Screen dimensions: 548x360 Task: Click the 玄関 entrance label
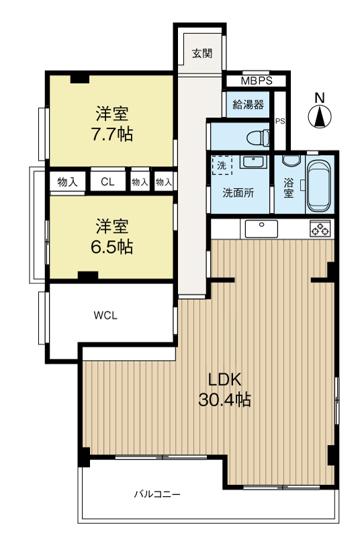pyautogui.click(x=201, y=54)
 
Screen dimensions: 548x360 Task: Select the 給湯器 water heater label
pyautogui.click(x=248, y=104)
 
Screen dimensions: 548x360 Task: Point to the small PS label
pyautogui.click(x=279, y=121)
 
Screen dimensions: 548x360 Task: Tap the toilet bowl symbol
pyautogui.click(x=256, y=138)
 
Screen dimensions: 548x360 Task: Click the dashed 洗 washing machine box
pyautogui.click(x=220, y=165)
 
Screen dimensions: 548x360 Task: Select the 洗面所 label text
pyautogui.click(x=238, y=192)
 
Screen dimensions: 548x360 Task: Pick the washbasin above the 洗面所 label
pyautogui.click(x=253, y=163)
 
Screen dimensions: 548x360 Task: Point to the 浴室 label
pyautogui.click(x=288, y=187)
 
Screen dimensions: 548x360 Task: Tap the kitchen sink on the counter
pyautogui.click(x=262, y=228)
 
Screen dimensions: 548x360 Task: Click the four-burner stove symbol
pyautogui.click(x=320, y=228)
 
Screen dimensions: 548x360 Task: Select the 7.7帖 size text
pyautogui.click(x=112, y=134)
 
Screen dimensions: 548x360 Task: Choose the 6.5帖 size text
pyautogui.click(x=112, y=246)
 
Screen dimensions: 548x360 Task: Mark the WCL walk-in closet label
pyautogui.click(x=105, y=316)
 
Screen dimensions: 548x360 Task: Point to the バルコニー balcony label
pyautogui.click(x=156, y=494)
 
